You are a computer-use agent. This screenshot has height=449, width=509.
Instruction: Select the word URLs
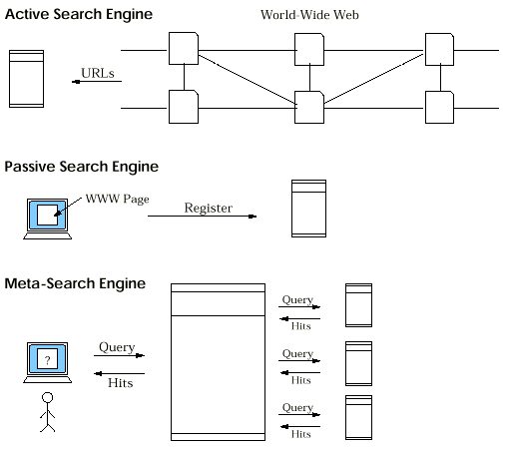pyautogui.click(x=98, y=72)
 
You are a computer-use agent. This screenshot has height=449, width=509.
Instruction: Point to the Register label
pyautogui.click(x=209, y=208)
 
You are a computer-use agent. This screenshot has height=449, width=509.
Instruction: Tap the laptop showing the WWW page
pyautogui.click(x=45, y=216)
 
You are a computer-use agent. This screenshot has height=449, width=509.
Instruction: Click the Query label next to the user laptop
pyautogui.click(x=117, y=347)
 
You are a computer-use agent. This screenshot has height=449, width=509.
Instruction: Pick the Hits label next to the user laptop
pyautogui.click(x=120, y=381)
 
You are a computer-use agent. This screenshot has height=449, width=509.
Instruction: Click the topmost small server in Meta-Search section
pyautogui.click(x=358, y=305)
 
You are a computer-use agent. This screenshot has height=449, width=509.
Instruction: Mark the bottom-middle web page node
pyautogui.click(x=309, y=106)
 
